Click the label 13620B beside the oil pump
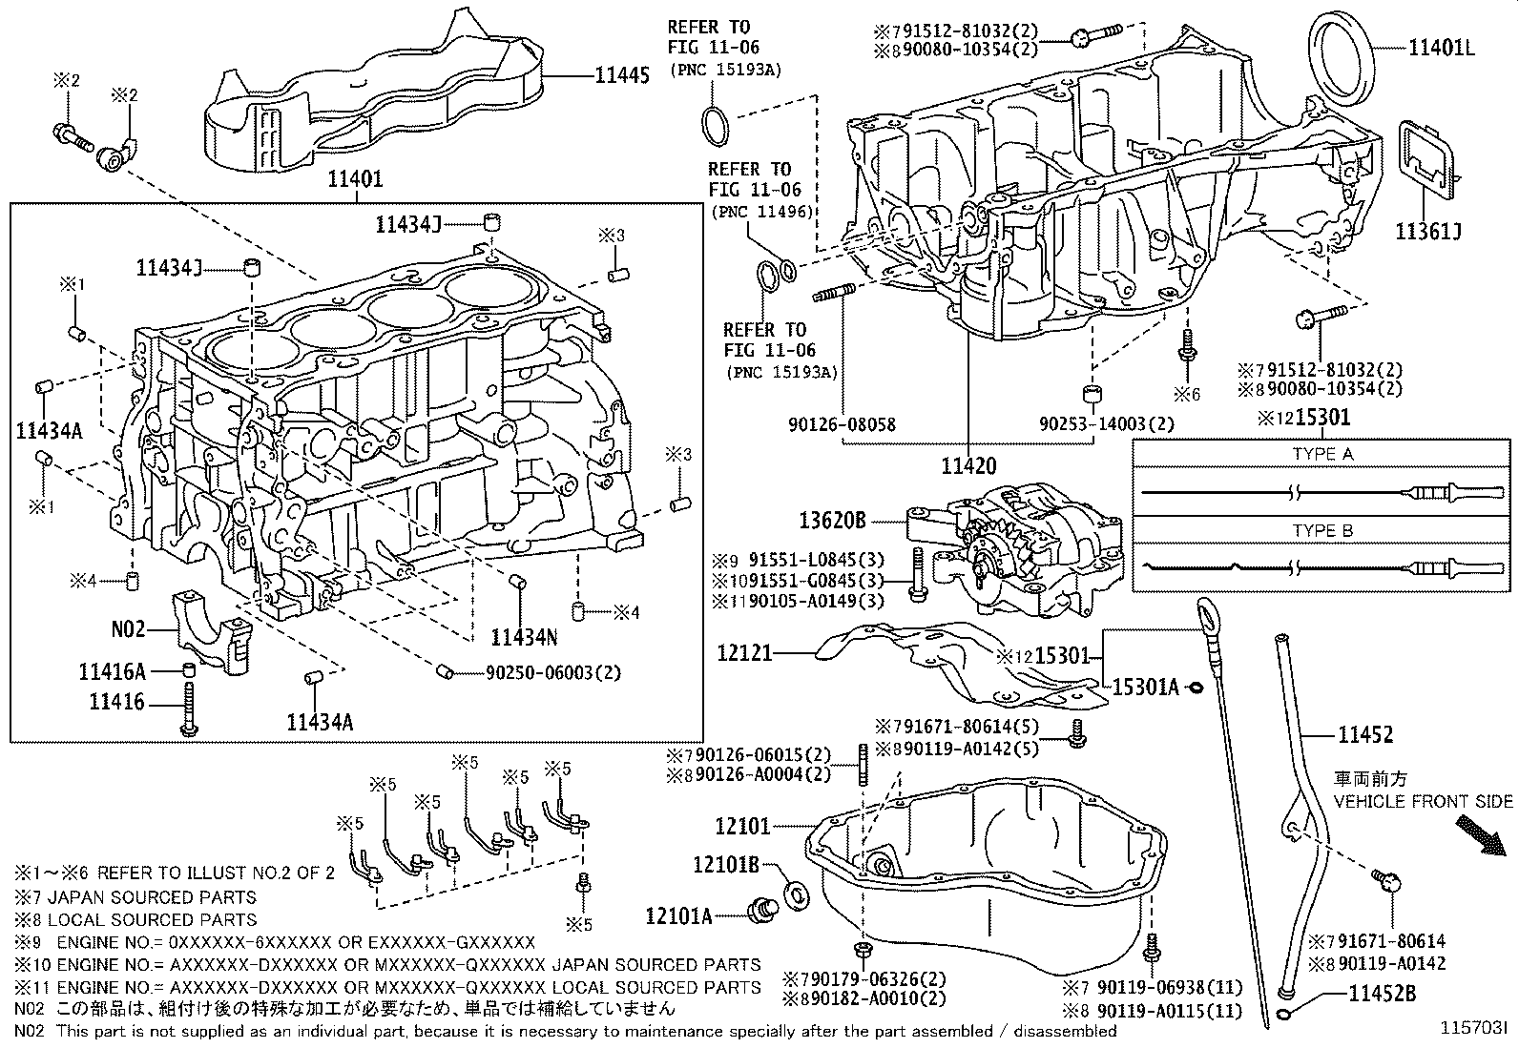click(832, 521)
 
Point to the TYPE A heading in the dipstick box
click(1322, 454)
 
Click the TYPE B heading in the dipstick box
click(1322, 530)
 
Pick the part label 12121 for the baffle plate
click(745, 653)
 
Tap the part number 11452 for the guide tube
click(1364, 734)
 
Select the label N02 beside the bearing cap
click(128, 629)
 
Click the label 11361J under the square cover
click(1428, 231)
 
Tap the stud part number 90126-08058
click(842, 424)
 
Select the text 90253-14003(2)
click(1107, 424)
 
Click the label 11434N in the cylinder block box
click(525, 635)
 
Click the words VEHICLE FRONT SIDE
click(1423, 801)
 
